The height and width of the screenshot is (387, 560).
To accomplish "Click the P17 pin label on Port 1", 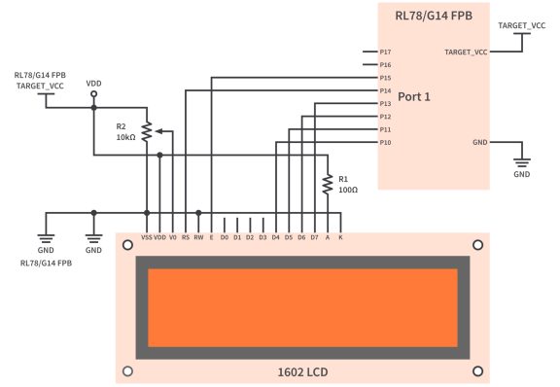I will [x=386, y=52].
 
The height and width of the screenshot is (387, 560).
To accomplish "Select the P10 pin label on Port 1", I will [x=386, y=143].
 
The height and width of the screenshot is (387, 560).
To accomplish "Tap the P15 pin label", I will [x=386, y=78].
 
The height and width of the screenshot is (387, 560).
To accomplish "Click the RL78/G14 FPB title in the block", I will [x=433, y=18].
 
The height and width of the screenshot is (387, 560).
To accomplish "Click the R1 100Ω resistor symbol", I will [x=328, y=184].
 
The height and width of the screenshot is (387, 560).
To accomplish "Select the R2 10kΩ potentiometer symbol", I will [x=147, y=131].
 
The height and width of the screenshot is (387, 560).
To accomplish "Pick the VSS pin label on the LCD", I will [x=146, y=236].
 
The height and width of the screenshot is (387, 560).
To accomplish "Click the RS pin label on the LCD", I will [x=185, y=236].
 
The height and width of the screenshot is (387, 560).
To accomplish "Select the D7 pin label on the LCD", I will [x=314, y=236].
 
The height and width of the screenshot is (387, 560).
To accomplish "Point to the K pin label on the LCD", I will [x=340, y=236].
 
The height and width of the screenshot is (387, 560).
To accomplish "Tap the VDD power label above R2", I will [x=93, y=84].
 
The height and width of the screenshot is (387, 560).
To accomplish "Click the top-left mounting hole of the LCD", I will [x=128, y=244].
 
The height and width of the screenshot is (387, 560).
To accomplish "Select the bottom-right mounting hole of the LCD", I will [x=476, y=370].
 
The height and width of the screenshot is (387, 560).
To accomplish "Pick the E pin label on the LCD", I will [x=211, y=236].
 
